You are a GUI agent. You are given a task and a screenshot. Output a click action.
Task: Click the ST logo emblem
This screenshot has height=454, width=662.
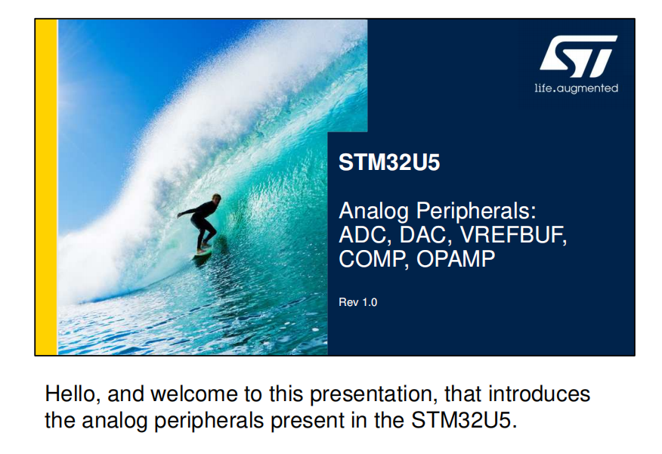coord(578,56)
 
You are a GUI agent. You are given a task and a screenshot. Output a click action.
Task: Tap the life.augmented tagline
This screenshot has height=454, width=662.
coord(577,88)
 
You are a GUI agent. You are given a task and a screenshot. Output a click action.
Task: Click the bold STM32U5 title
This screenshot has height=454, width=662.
coord(389,162)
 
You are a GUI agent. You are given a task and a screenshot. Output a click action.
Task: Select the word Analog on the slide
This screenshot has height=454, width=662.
coord(373,211)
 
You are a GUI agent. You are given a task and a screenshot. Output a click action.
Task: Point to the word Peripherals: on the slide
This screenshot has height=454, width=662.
coord(476,211)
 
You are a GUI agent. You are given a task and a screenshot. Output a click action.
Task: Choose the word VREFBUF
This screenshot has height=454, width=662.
coord(513,235)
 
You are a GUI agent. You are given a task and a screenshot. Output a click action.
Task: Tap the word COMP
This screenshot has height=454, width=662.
coord(373,258)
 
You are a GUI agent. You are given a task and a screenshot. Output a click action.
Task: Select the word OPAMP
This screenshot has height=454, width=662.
coord(456,258)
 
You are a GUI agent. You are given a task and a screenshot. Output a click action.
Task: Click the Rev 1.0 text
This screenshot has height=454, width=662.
coord(358,302)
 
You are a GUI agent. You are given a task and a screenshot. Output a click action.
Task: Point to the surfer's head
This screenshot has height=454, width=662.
coord(216,199)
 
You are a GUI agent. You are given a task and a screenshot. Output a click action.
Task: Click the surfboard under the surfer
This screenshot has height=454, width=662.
coord(203,252)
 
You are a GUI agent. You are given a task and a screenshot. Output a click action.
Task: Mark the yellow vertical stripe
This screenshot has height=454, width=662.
coord(46,187)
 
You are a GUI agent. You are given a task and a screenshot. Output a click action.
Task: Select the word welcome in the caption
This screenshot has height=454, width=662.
coord(194,394)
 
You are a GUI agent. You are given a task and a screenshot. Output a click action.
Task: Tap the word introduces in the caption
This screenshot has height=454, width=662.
coord(539,394)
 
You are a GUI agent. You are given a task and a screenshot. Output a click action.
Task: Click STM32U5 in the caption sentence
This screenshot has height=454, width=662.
coord(463,420)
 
